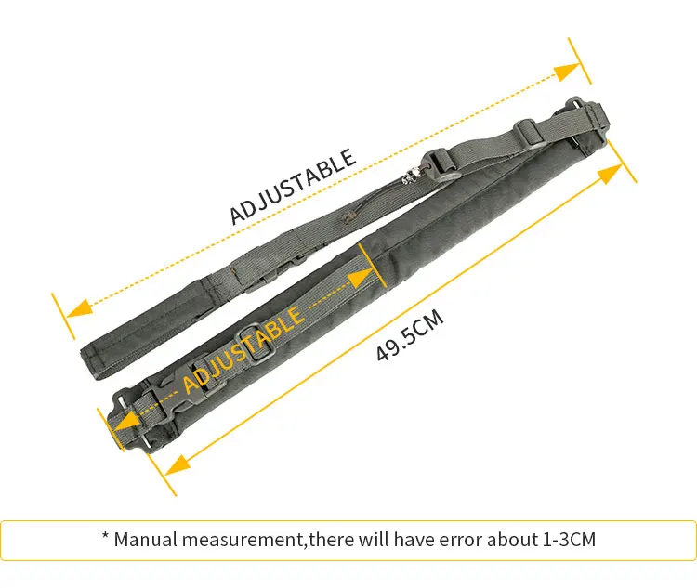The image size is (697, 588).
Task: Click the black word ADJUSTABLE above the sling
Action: click(293, 187)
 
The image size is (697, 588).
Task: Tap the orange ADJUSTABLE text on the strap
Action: click(244, 350)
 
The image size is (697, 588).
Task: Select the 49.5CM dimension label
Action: click(410, 335)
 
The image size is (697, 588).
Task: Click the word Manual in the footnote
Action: click(145, 540)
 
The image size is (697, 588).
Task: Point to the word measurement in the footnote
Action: click(242, 541)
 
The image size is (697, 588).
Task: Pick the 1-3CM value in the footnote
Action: click(570, 540)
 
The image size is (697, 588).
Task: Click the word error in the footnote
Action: click(461, 541)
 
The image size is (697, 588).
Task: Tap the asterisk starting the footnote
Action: click(105, 535)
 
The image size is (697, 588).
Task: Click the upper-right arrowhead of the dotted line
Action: click(567, 72)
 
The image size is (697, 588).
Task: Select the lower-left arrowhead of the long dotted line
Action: click(79, 308)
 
